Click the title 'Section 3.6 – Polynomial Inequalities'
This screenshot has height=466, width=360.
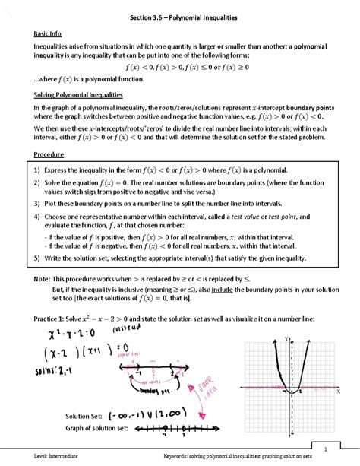pos(180,17)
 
